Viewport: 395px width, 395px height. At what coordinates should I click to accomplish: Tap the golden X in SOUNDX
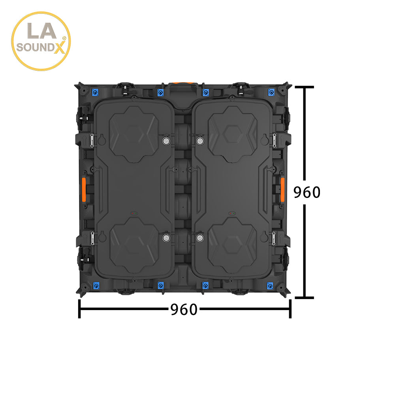(59, 48)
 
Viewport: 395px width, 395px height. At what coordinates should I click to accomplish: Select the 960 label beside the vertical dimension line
(307, 192)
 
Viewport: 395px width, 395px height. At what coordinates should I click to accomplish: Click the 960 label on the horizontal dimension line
(184, 309)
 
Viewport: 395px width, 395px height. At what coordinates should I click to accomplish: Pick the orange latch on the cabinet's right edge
(283, 189)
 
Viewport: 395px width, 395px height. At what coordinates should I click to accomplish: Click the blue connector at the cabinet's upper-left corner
(95, 93)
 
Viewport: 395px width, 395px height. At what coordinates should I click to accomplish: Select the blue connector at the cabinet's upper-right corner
(271, 93)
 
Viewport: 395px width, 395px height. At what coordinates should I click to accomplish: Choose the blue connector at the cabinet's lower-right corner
(271, 286)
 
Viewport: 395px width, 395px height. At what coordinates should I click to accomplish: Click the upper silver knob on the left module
(166, 141)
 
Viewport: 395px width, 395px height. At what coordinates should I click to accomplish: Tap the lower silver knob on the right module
(200, 237)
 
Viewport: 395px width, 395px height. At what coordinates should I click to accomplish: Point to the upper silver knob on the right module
(200, 141)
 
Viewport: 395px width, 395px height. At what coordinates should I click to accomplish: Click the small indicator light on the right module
(232, 213)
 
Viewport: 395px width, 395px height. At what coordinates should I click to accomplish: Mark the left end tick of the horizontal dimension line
(79, 308)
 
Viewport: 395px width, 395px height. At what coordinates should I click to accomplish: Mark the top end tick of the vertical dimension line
(304, 87)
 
